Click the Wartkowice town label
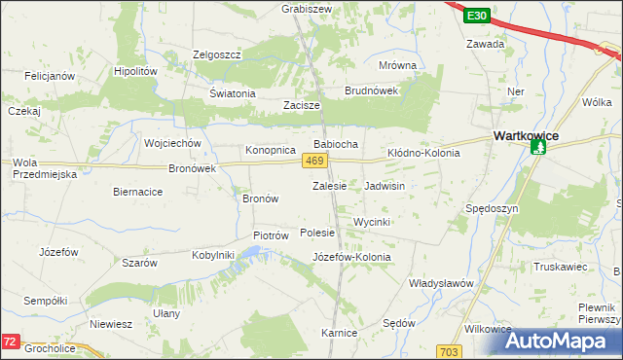pyautogui.click(x=526, y=136)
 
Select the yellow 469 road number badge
pyautogui.click(x=313, y=161)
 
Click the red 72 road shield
pyautogui.click(x=10, y=342)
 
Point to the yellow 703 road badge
pyautogui.click(x=449, y=350)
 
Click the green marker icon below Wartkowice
pyautogui.click(x=538, y=149)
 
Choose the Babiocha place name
pyautogui.click(x=335, y=144)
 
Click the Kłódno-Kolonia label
pyautogui.click(x=423, y=153)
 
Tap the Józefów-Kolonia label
pyautogui.click(x=351, y=257)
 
